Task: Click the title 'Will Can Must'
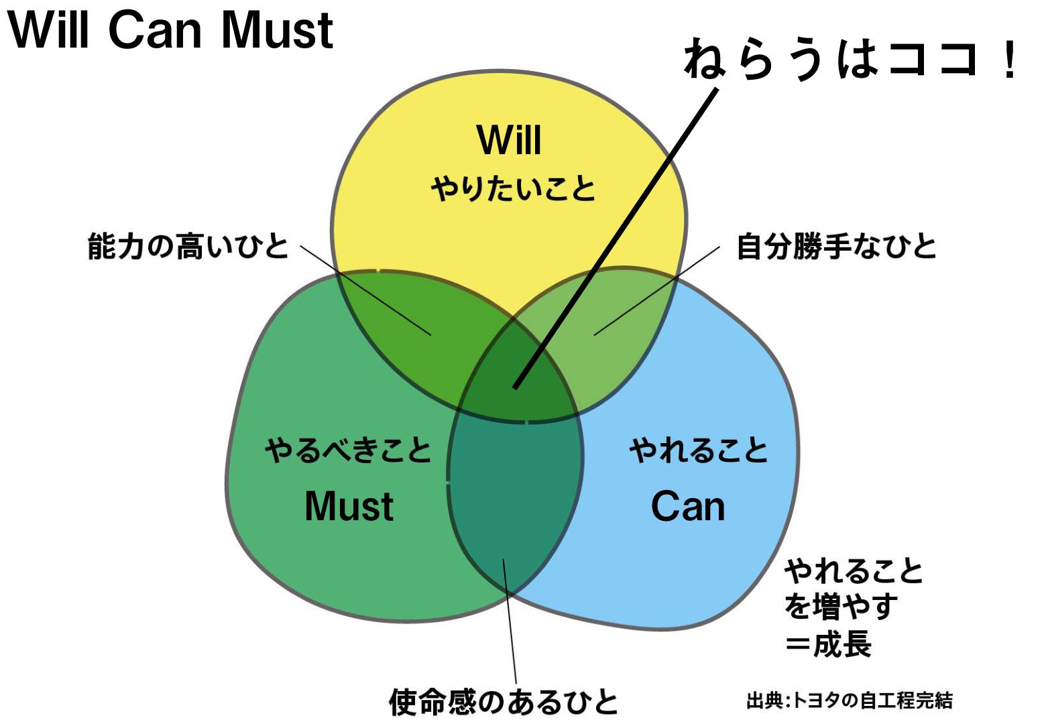point(170,30)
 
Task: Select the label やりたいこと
point(513,188)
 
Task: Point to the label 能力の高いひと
point(188,246)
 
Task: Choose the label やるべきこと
point(348,450)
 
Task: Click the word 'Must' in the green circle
point(349,506)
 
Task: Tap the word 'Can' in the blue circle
point(688,506)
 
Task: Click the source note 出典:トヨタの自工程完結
point(849,701)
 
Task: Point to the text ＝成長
point(829,644)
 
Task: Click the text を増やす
point(841,607)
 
